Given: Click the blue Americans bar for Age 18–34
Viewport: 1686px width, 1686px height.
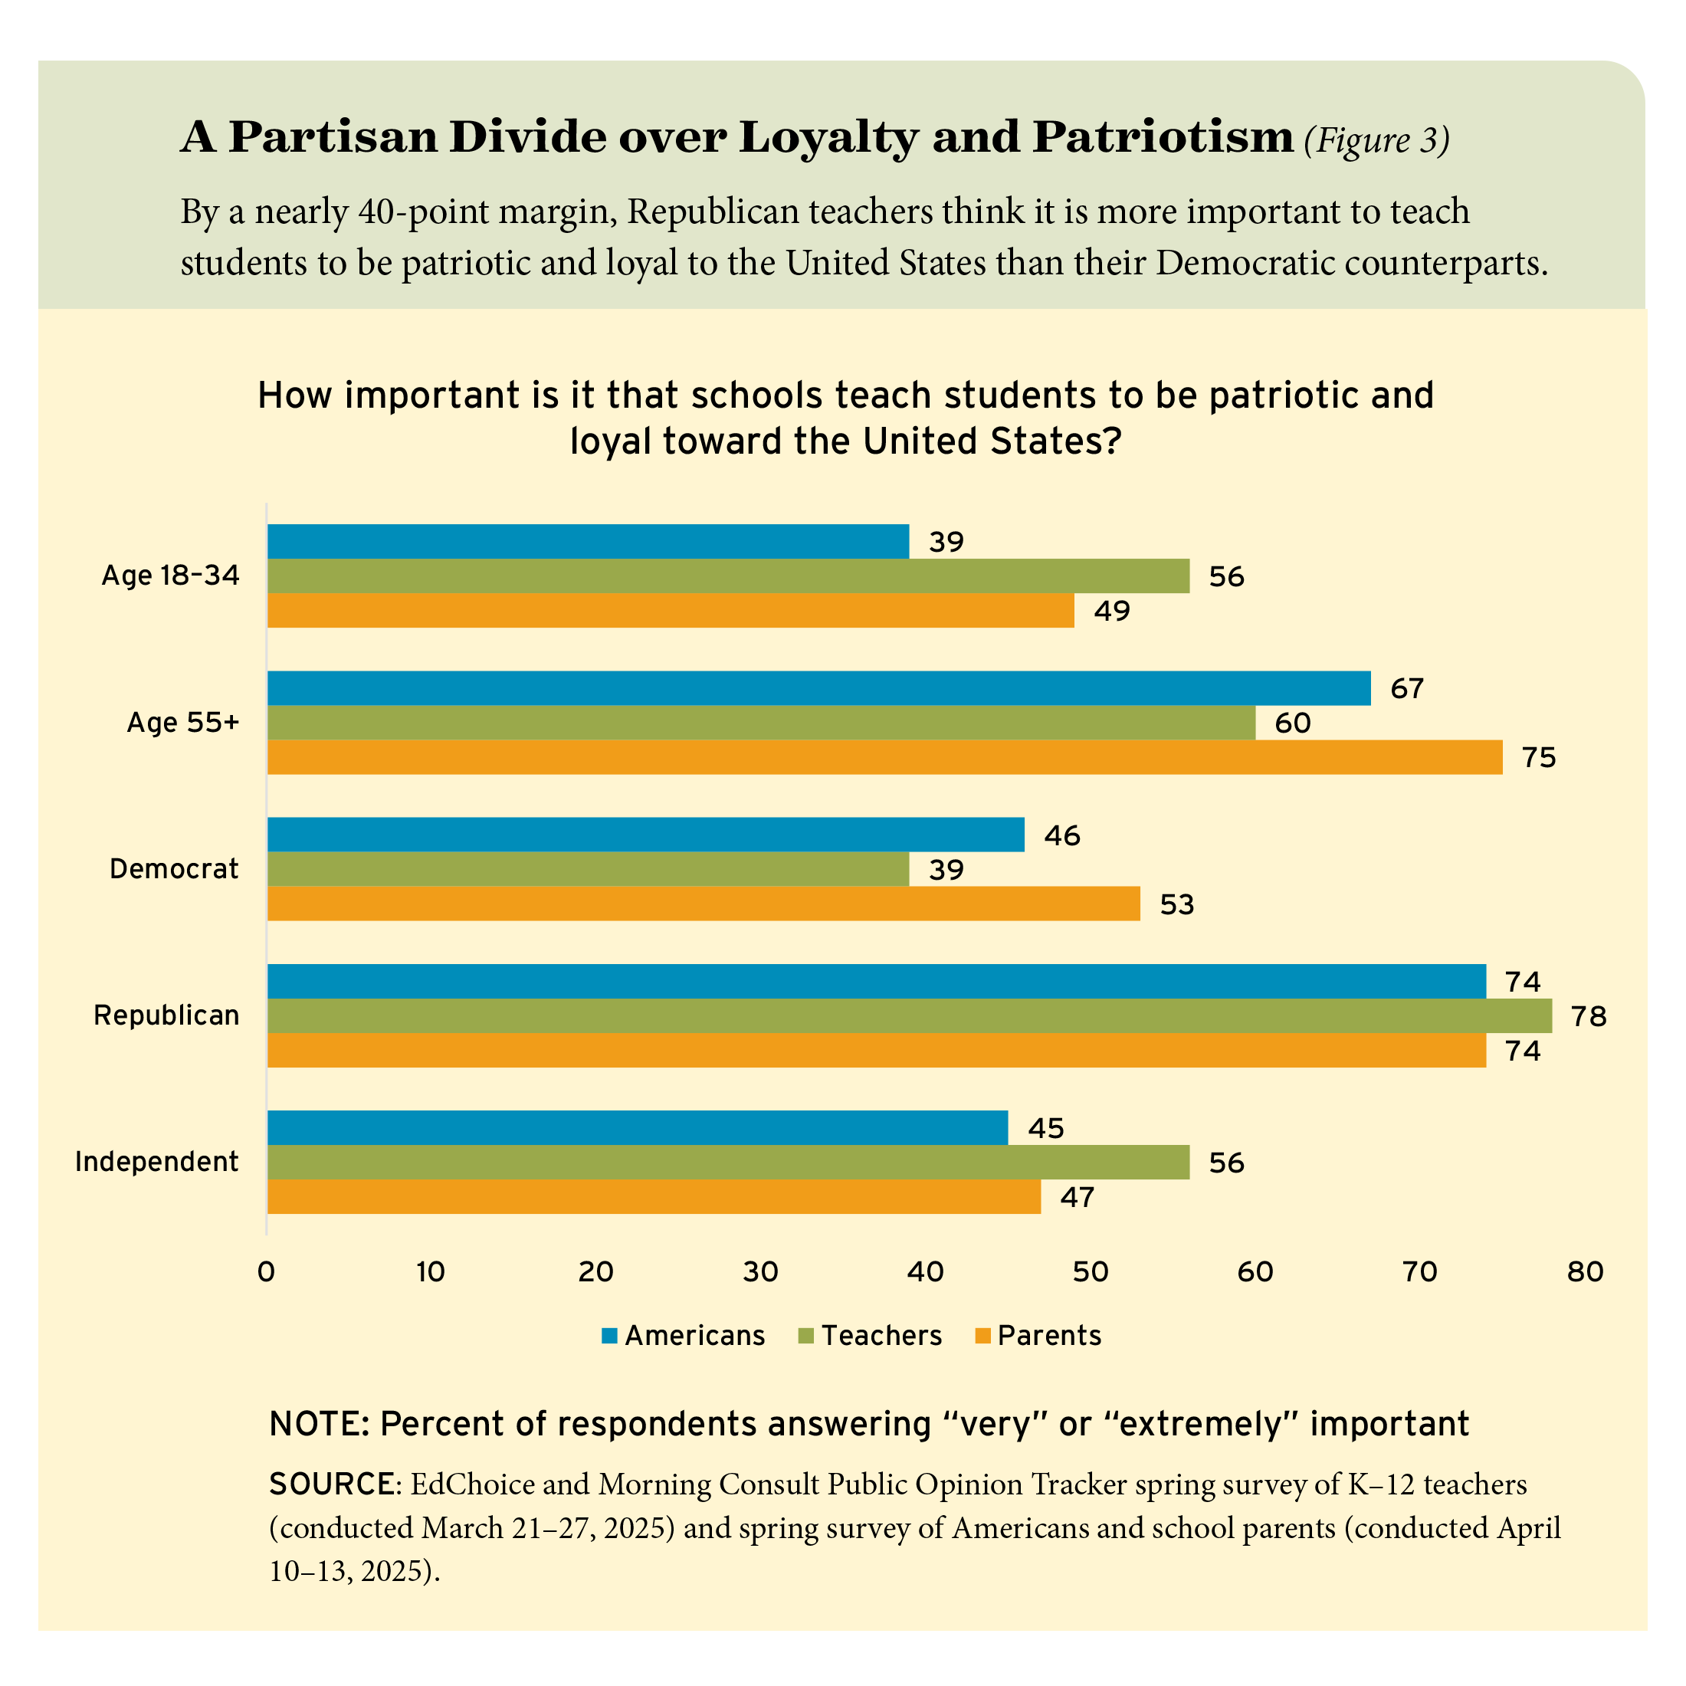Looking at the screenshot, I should coord(587,541).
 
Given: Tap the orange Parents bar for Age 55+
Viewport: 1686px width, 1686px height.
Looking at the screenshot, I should coord(884,756).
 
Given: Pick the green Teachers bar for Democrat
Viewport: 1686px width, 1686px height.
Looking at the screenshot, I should coord(587,869).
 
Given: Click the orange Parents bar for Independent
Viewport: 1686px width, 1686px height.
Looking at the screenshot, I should coord(654,1196).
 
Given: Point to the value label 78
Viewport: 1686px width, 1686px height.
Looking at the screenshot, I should coord(1588,1015).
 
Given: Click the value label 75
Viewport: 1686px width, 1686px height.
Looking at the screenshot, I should coord(1539,757).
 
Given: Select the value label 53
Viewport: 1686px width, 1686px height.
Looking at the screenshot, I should coord(1176,904).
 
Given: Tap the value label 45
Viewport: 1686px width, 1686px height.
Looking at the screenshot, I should coord(1045,1128).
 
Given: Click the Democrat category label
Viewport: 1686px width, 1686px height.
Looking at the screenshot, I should coord(174,869).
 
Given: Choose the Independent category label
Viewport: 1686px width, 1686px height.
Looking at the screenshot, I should coord(157,1162).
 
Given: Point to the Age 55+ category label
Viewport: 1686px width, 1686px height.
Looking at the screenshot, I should coord(182,723).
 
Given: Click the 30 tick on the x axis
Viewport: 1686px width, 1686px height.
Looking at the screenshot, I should coord(760,1272).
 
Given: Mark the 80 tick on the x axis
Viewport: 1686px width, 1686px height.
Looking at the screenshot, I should coord(1585,1272).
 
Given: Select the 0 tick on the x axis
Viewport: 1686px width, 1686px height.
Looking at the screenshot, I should coord(266,1272).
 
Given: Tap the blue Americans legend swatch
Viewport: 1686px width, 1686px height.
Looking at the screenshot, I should coord(609,1336).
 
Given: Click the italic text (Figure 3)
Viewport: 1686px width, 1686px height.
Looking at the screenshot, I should coord(1376,139).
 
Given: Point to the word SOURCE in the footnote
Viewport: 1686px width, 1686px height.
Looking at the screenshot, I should coord(332,1484).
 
